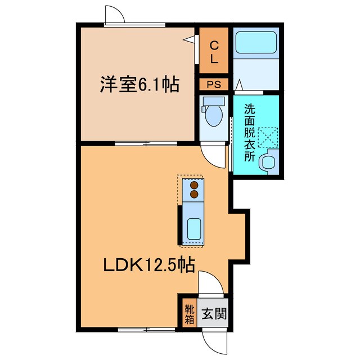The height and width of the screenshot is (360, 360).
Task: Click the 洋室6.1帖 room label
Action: (139, 85)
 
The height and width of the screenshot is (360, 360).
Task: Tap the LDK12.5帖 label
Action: (148, 264)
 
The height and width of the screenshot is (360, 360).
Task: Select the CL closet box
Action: (214, 51)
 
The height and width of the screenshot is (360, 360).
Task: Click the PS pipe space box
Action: (214, 85)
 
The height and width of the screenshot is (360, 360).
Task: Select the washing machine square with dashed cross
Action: (268, 134)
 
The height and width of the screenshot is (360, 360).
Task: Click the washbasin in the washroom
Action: (268, 162)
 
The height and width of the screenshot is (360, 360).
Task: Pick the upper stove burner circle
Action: (194, 185)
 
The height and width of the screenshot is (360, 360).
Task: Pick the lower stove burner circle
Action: (194, 194)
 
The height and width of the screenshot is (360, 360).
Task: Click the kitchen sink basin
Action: (193, 229)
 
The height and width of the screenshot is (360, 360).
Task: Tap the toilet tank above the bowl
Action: (213, 102)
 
